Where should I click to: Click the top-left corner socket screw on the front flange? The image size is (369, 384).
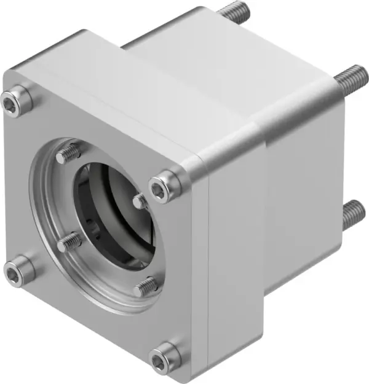coord(16,101)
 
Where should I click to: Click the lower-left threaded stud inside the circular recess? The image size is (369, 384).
coord(69,243)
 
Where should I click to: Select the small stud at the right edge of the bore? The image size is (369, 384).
coord(140,200)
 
